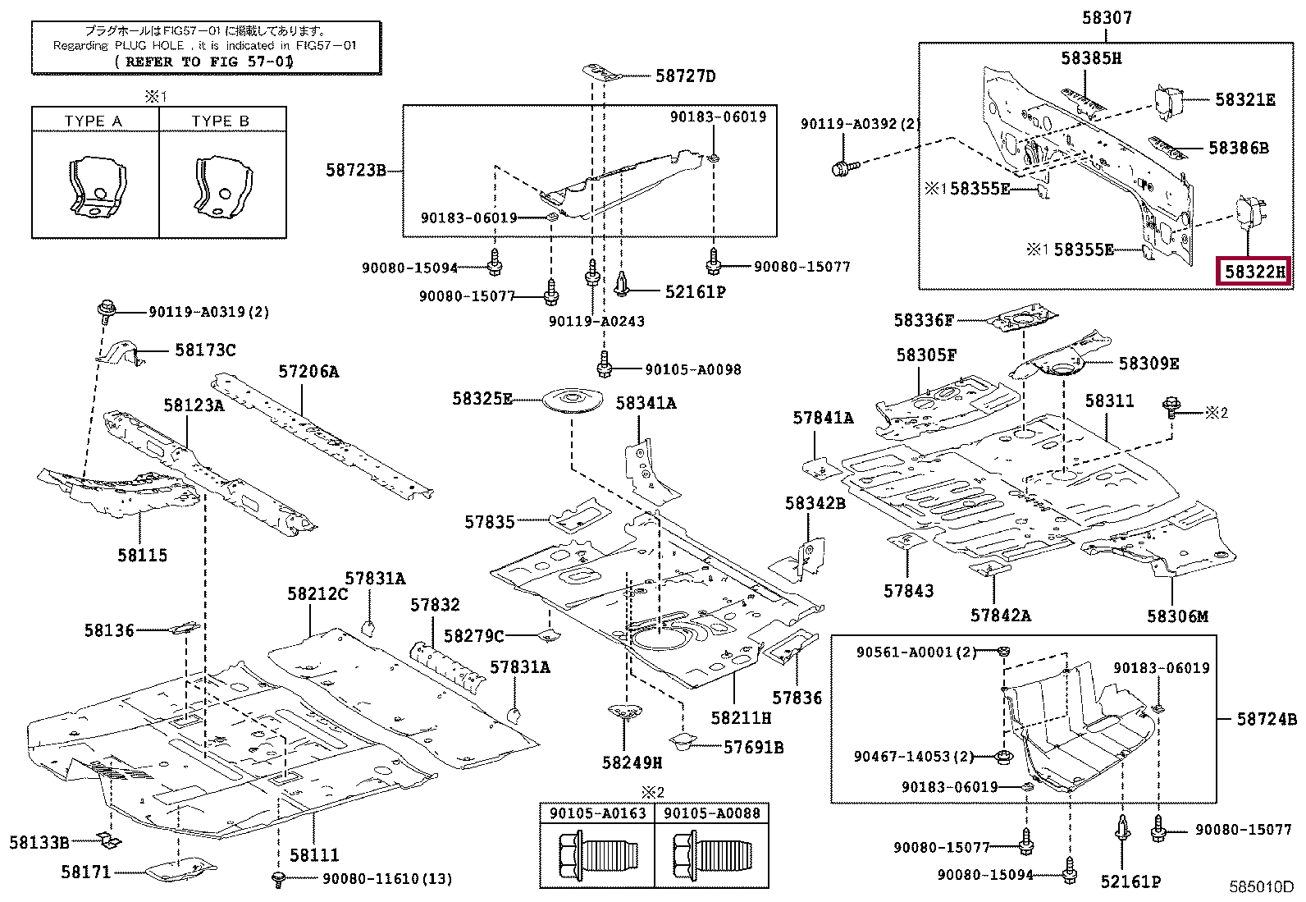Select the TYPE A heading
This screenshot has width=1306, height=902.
point(93,121)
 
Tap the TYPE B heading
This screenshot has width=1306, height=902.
point(220,121)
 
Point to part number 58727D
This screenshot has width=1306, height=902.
point(685,76)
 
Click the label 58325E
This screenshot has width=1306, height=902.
point(482,399)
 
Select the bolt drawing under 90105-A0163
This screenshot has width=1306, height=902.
point(596,856)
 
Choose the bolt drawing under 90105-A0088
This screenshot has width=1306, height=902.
point(710,856)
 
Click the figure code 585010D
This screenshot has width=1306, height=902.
point(1260,887)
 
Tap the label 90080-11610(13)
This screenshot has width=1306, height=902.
point(386,879)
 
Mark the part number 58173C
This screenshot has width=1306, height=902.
point(205,350)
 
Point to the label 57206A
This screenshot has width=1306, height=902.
point(308,372)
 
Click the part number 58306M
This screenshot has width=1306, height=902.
point(1177,616)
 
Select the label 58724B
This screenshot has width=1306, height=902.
point(1267,719)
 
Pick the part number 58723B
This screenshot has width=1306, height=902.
point(355,171)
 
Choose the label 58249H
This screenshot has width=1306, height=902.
point(632,762)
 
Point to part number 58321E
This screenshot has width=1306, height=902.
point(1244,100)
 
